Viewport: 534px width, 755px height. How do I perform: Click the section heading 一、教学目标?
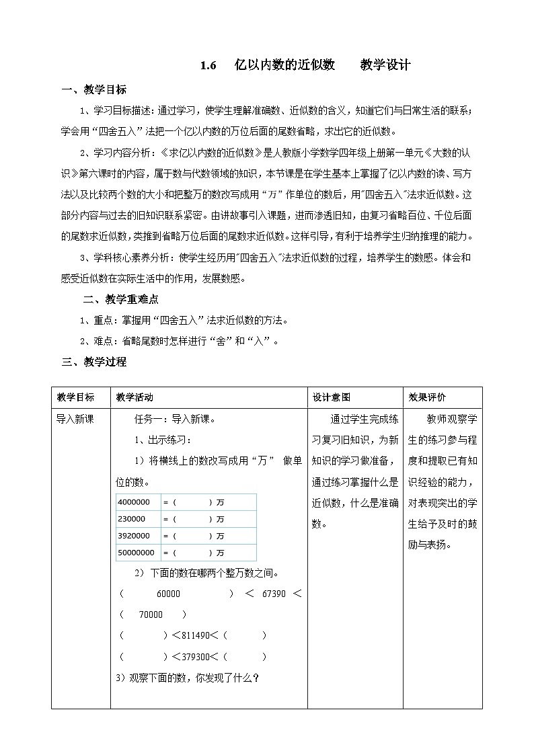pyautogui.click(x=93, y=91)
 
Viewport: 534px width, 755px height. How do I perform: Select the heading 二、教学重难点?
pyautogui.click(x=120, y=300)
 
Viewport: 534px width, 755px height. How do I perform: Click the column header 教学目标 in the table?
pyautogui.click(x=76, y=397)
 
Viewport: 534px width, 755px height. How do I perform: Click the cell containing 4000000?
pyautogui.click(x=134, y=502)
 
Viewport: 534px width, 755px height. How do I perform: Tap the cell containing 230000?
pyautogui.click(x=132, y=519)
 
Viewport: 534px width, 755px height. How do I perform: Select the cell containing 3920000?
pyautogui.click(x=134, y=536)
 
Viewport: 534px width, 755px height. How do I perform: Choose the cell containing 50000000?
pyautogui.click(x=136, y=553)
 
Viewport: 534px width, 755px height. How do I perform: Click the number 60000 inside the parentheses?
pyautogui.click(x=167, y=594)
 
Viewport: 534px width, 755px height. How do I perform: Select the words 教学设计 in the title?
pyautogui.click(x=385, y=66)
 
